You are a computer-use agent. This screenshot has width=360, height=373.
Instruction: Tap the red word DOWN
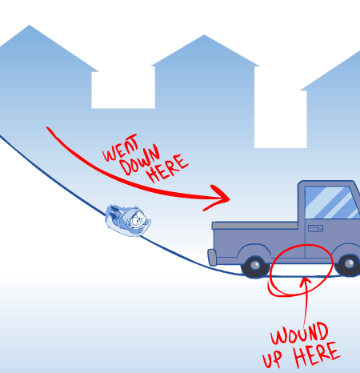pos(140,160)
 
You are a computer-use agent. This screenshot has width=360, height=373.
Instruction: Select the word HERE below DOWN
pos(168,168)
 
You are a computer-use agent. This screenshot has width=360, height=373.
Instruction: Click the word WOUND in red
pos(299,334)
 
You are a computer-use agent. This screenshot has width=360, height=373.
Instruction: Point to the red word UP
pos(272,358)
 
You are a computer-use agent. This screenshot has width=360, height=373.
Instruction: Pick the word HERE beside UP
pos(317,354)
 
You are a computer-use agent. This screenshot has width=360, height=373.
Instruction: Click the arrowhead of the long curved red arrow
pos(218,197)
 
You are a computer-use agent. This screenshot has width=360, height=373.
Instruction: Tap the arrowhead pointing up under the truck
pos(305,282)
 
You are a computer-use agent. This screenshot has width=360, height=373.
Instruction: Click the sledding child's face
pos(137,219)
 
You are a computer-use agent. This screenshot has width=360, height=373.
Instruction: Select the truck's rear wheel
pos(255,267)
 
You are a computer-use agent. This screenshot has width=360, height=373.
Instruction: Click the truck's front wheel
pos(349,265)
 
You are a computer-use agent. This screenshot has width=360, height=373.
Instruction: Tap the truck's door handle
pos(315,228)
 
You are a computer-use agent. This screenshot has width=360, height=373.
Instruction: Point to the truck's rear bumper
pos(212,257)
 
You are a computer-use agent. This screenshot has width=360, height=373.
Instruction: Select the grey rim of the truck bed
pos(254,226)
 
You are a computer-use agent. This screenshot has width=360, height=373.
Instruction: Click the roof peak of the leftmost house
pos(30,26)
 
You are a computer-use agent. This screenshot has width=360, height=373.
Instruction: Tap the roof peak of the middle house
pos(204,35)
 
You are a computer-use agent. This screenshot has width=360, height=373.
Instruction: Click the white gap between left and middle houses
pos(123,90)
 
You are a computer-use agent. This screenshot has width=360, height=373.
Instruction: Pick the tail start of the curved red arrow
pos(47,127)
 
